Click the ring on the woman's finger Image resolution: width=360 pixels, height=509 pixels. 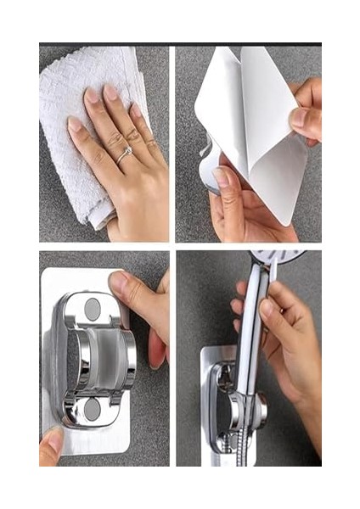click(125, 154)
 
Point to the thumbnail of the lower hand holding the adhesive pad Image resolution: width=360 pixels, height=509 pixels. click(222, 176)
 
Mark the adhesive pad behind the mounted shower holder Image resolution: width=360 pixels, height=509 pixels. click(212, 441)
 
